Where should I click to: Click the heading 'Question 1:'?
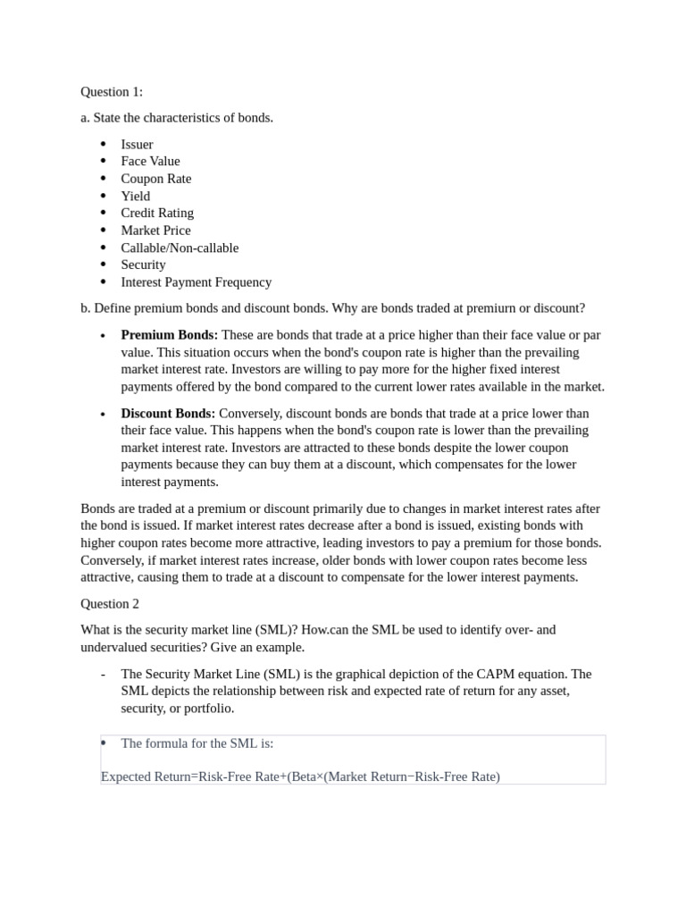(x=111, y=92)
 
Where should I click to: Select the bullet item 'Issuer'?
(x=137, y=145)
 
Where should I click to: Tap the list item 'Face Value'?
(x=150, y=162)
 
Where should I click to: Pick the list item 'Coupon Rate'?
(x=155, y=179)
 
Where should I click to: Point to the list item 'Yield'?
(x=135, y=197)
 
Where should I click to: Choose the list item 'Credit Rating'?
(x=157, y=214)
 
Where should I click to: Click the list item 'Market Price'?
(x=155, y=231)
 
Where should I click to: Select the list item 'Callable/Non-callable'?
(x=180, y=248)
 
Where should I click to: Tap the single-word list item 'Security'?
(x=143, y=265)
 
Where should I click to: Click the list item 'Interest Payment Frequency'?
(x=196, y=282)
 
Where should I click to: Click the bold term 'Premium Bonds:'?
(x=169, y=335)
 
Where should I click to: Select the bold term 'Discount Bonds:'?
(x=168, y=414)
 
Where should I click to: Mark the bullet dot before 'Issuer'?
(x=104, y=144)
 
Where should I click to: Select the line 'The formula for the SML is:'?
(x=197, y=743)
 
